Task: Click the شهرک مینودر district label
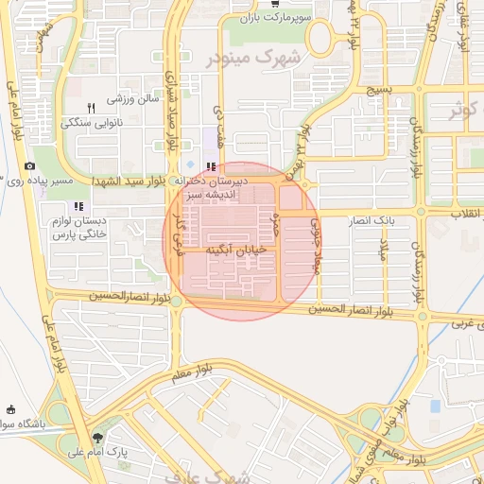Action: pos(252,58)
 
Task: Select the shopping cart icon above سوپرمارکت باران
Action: pos(274,5)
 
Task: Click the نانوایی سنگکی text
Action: pos(92,123)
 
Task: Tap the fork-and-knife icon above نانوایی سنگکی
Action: pos(92,108)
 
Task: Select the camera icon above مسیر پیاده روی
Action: pos(30,166)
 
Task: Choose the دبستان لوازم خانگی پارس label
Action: pos(79,226)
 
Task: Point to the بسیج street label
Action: pos(378,90)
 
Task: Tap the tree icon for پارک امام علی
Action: pos(98,438)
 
